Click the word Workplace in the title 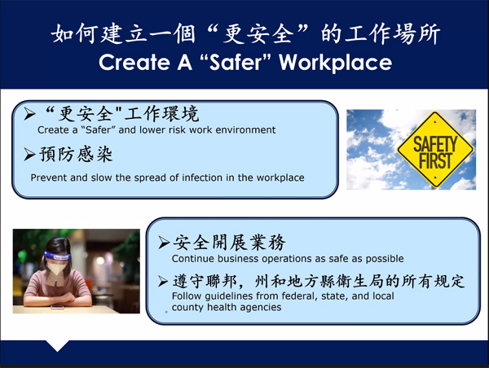[x=335, y=63]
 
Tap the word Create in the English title [x=134, y=63]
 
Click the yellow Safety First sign [x=435, y=150]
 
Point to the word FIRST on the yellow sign [x=435, y=160]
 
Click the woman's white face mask [x=56, y=268]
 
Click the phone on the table [x=57, y=308]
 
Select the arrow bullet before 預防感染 [x=29, y=155]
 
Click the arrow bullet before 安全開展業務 [x=164, y=243]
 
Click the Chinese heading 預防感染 [x=76, y=155]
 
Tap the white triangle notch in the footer [x=57, y=345]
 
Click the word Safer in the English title [x=236, y=63]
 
